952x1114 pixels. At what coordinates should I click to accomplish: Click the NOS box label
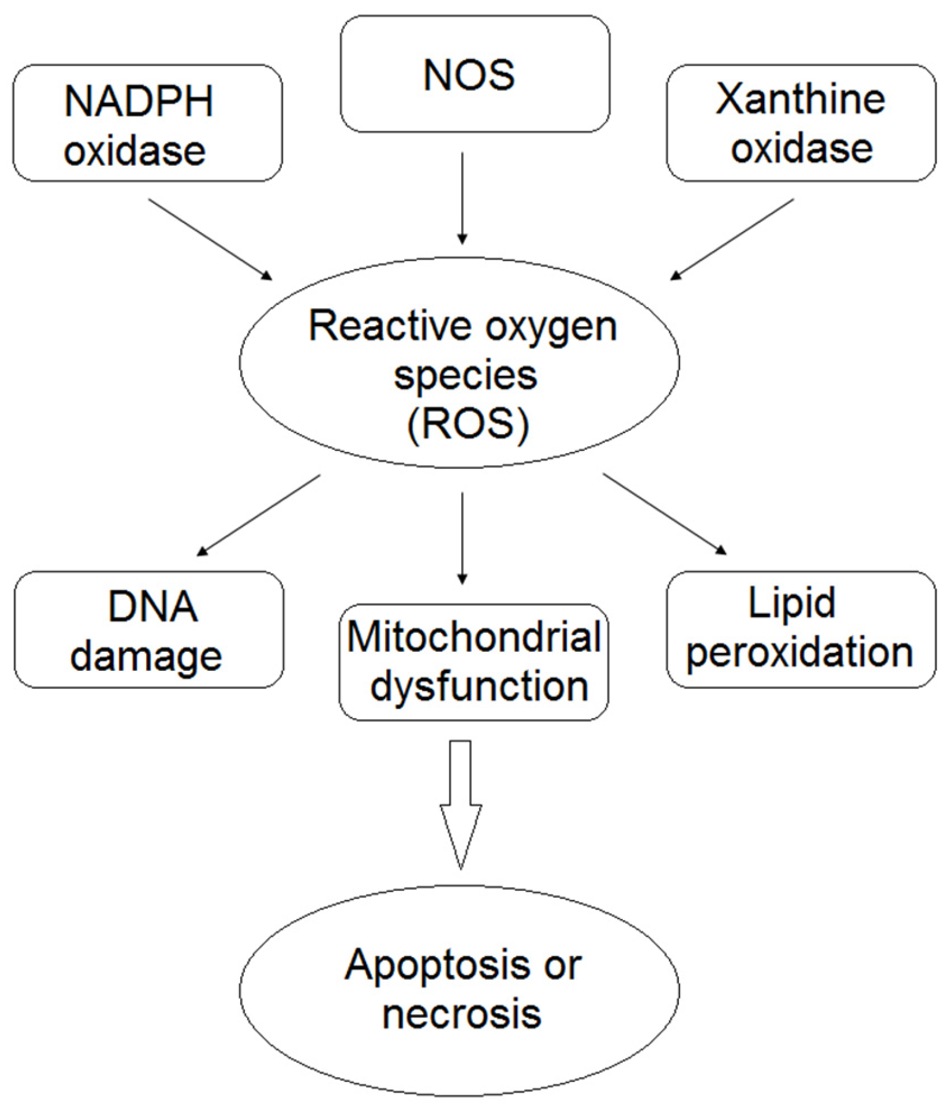[469, 75]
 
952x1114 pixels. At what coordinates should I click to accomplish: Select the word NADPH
[138, 101]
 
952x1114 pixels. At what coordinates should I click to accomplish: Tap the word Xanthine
[800, 99]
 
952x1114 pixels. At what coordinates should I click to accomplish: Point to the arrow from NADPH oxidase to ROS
[210, 239]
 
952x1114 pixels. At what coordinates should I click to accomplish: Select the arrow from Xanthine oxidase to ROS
[733, 239]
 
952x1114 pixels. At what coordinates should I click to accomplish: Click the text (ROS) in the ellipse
[468, 424]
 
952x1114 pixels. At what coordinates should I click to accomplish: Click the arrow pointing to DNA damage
[259, 515]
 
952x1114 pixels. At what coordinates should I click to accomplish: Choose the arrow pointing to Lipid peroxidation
[664, 513]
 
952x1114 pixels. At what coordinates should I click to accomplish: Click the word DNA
[153, 606]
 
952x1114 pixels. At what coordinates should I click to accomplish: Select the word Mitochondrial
[474, 637]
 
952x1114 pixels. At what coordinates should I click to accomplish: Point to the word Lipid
[791, 604]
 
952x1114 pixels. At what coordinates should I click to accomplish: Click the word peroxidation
[799, 653]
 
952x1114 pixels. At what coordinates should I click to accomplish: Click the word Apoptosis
[437, 965]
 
